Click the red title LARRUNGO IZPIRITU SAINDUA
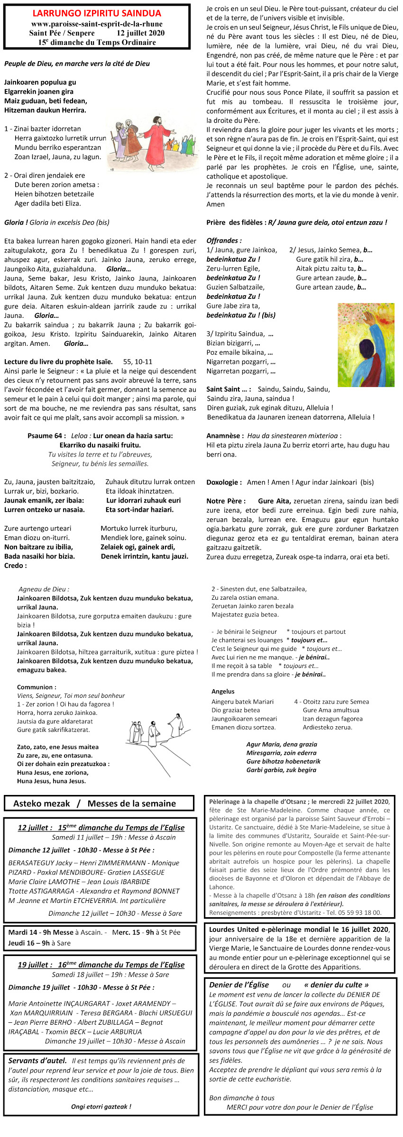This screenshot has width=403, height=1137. click(x=97, y=13)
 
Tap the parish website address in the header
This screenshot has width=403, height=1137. click(x=97, y=24)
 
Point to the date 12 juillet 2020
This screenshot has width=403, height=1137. click(x=141, y=33)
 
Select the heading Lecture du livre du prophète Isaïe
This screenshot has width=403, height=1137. click(x=58, y=361)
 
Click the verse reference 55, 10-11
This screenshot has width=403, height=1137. click(x=137, y=361)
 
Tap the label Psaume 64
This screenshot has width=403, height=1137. click(x=47, y=435)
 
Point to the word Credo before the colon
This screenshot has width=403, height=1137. click(x=13, y=565)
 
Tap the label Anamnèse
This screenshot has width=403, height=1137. click(x=225, y=435)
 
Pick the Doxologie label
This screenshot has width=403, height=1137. click(x=224, y=482)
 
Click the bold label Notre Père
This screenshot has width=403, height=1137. click(x=226, y=501)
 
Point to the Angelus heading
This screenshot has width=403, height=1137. click(x=223, y=691)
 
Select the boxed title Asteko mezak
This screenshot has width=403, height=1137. click(x=42, y=803)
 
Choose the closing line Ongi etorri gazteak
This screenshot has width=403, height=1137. click(x=101, y=1107)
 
